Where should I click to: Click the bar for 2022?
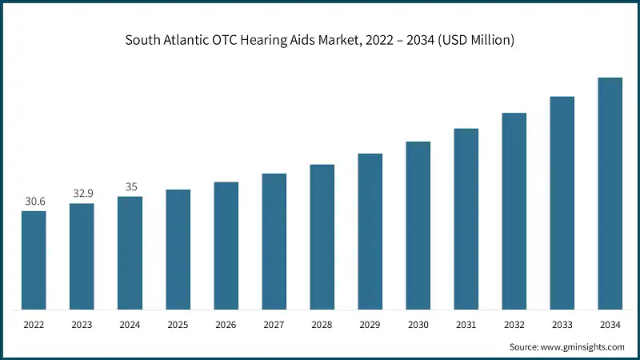[x=34, y=260]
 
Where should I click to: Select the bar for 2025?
[x=178, y=250]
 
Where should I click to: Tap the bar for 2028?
[x=322, y=237]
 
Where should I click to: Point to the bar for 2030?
[x=418, y=226]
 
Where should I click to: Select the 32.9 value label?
[x=82, y=194]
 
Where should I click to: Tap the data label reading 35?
[x=130, y=186]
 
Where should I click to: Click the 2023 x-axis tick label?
[x=82, y=325]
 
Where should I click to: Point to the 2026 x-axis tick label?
[x=226, y=325]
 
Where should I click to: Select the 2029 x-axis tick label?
[x=370, y=325]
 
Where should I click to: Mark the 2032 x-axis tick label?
[x=514, y=325]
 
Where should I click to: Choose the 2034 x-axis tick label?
[x=610, y=325]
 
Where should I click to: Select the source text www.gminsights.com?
[x=582, y=346]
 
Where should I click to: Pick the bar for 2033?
[x=562, y=203]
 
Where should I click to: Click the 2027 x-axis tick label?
[x=274, y=325]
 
